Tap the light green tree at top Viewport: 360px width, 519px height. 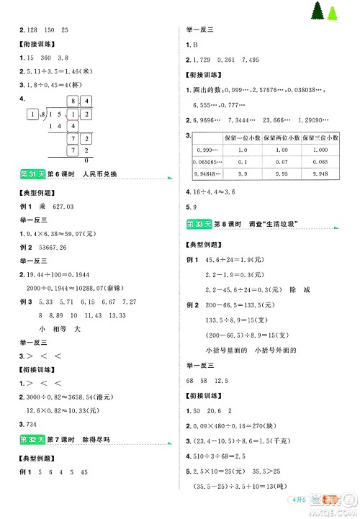[333, 14]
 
